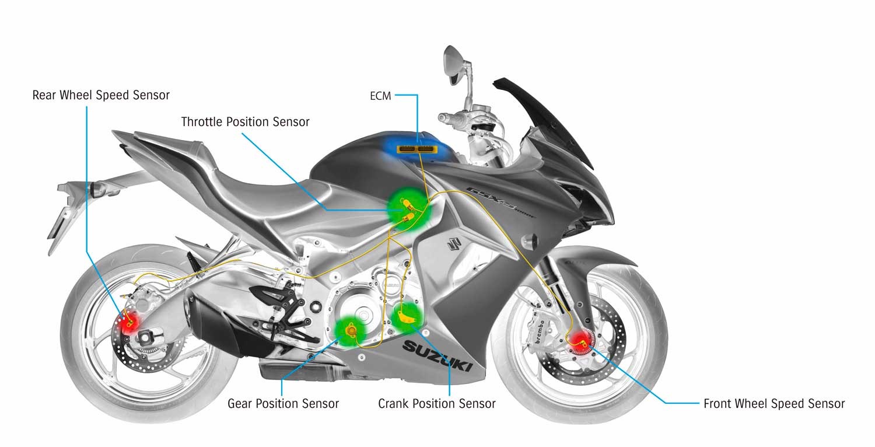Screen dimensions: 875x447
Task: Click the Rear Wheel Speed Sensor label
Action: [101, 95]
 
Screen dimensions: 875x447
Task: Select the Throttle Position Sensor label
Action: [245, 122]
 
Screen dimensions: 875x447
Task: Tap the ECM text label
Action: [380, 96]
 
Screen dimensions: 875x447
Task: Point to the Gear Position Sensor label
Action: [283, 404]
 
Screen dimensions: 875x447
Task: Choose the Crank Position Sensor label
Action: [437, 404]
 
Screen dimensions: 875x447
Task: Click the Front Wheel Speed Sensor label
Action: [774, 404]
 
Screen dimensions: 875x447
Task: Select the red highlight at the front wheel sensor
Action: [580, 343]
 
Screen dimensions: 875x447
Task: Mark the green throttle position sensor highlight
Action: [408, 210]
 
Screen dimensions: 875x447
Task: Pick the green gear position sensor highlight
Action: [349, 331]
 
